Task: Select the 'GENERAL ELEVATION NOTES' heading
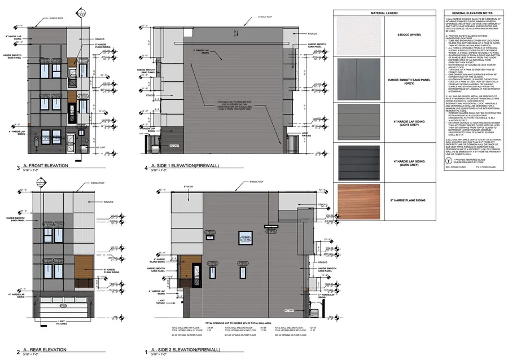tap(468, 12)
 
